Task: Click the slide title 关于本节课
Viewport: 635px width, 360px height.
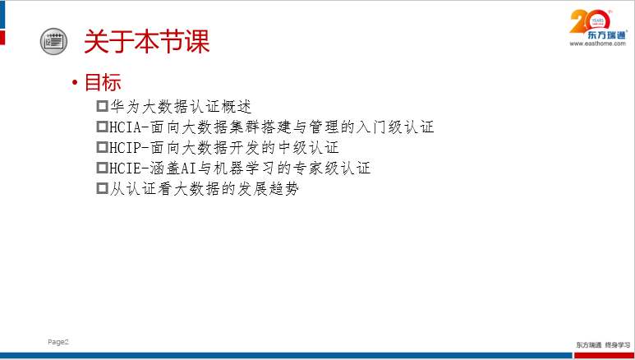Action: [146, 41]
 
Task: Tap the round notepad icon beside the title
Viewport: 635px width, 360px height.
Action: [53, 41]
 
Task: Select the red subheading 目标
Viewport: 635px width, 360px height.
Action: [103, 82]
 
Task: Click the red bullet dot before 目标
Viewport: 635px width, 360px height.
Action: [75, 83]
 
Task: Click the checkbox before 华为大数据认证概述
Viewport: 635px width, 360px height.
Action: [102, 106]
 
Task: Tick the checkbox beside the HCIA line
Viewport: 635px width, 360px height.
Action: [102, 127]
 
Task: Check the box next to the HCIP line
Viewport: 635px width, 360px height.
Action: [102, 147]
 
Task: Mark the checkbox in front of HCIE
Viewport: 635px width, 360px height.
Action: [102, 168]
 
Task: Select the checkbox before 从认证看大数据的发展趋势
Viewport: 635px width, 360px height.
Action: [102, 188]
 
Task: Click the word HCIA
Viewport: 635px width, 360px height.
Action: [125, 127]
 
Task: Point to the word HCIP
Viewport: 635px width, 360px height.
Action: [125, 148]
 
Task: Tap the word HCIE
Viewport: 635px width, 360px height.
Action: [125, 168]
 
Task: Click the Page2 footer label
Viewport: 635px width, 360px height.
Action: [58, 342]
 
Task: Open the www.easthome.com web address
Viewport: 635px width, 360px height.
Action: [597, 44]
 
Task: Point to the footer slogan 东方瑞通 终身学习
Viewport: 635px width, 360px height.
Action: [603, 345]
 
